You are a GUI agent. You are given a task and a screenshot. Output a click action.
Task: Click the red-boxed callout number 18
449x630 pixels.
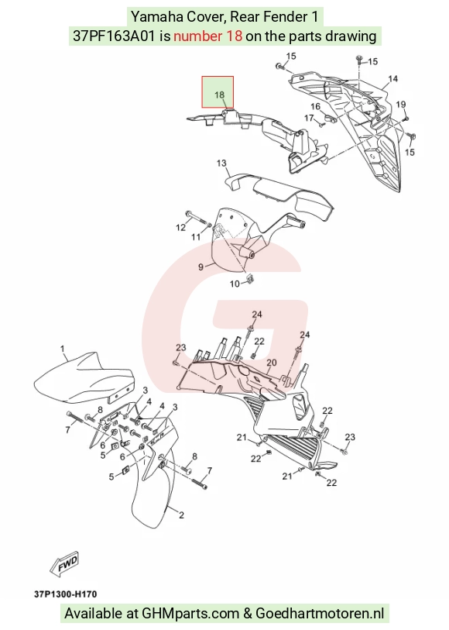[x=219, y=95]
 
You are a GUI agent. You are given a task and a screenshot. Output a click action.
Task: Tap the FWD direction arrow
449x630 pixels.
[x=64, y=563]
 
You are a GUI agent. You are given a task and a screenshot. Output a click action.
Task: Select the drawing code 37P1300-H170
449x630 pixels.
[x=65, y=594]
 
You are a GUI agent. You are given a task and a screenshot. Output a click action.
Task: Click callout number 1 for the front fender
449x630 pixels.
[x=63, y=349]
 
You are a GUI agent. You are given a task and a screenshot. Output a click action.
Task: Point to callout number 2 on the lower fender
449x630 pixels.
[x=181, y=515]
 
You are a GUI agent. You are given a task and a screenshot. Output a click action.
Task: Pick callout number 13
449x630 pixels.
[x=221, y=164]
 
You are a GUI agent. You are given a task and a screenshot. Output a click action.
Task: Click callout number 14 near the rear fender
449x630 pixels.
[x=392, y=78]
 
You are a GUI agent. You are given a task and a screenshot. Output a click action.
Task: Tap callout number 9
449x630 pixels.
[x=201, y=267]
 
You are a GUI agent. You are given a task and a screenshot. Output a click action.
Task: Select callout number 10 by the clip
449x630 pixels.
[x=235, y=284]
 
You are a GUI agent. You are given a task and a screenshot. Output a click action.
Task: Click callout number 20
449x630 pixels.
[x=271, y=363]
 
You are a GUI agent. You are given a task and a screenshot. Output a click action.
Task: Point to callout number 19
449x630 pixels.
[x=400, y=105]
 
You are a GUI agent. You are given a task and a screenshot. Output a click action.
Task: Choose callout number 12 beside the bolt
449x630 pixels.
[x=180, y=227]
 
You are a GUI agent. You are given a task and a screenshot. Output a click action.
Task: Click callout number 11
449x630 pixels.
[x=195, y=236]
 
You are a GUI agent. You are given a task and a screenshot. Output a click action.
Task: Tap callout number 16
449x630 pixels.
[x=315, y=106]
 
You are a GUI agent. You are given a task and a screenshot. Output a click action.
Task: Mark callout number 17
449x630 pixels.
[x=309, y=118]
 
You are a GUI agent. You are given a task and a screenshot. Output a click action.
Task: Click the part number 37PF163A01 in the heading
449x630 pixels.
[x=114, y=36]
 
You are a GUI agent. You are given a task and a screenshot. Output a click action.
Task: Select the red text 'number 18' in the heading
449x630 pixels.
[x=207, y=36]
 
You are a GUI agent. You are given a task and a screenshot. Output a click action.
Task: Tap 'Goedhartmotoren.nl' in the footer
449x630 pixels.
[x=320, y=614]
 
